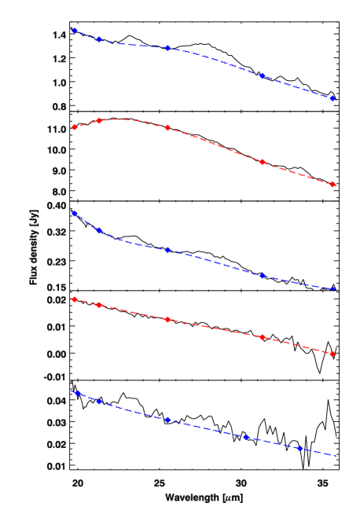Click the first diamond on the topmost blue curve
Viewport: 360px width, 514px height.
[74, 31]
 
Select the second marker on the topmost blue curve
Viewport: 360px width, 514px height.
[100, 39]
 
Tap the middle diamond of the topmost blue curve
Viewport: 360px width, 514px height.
[167, 48]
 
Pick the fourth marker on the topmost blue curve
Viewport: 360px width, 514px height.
[262, 76]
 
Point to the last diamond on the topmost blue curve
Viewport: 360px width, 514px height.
[333, 99]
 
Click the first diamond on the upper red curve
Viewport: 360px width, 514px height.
[74, 127]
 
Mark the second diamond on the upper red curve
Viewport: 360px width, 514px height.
[99, 120]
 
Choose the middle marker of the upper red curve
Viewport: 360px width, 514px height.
[167, 127]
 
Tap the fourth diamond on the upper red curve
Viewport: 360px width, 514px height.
[263, 162]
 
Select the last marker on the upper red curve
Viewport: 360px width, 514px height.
[333, 185]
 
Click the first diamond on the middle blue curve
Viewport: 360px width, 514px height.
[74, 213]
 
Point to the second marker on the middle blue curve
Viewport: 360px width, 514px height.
[99, 230]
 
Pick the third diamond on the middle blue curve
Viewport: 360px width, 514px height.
[167, 250]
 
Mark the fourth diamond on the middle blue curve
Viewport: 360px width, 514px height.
[263, 276]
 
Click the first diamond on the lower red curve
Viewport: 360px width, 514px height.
[74, 299]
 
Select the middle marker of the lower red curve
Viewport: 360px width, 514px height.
[167, 320]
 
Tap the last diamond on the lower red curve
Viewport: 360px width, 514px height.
[333, 354]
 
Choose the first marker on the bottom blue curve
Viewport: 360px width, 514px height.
[77, 392]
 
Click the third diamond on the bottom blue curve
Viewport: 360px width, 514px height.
[167, 420]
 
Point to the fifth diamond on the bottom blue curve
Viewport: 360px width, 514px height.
[299, 448]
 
